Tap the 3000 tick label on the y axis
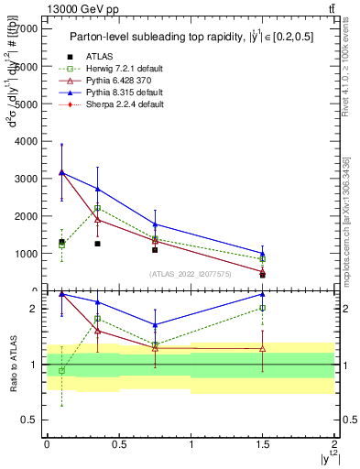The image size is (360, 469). [27, 179]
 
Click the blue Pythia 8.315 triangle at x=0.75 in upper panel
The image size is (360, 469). [156, 224]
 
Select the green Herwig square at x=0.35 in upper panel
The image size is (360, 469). [97, 208]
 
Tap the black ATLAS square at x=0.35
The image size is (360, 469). [97, 244]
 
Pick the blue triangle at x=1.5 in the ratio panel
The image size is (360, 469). [263, 294]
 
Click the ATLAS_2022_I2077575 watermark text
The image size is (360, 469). [190, 274]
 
